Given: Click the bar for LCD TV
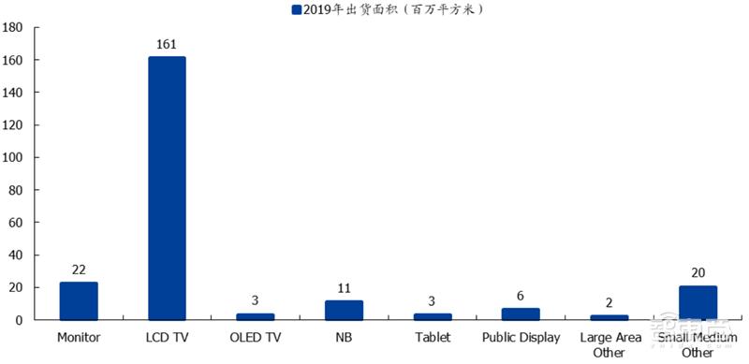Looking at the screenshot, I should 167,188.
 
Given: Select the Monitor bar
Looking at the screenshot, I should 79,301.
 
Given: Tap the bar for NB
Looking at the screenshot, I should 344,310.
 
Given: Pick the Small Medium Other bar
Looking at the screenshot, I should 698,303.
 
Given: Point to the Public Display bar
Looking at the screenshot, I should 521,314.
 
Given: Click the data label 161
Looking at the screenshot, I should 167,43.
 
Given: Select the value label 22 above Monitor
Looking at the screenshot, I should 79,269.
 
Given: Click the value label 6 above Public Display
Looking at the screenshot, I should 521,295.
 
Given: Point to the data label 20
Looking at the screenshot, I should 698,272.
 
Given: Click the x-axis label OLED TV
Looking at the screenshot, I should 255,337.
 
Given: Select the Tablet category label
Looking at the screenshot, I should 432,337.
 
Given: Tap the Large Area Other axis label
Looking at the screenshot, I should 609,344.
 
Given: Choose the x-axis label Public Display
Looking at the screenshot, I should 521,337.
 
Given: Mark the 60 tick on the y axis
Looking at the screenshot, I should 18,223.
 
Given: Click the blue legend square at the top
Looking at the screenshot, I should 296,9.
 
